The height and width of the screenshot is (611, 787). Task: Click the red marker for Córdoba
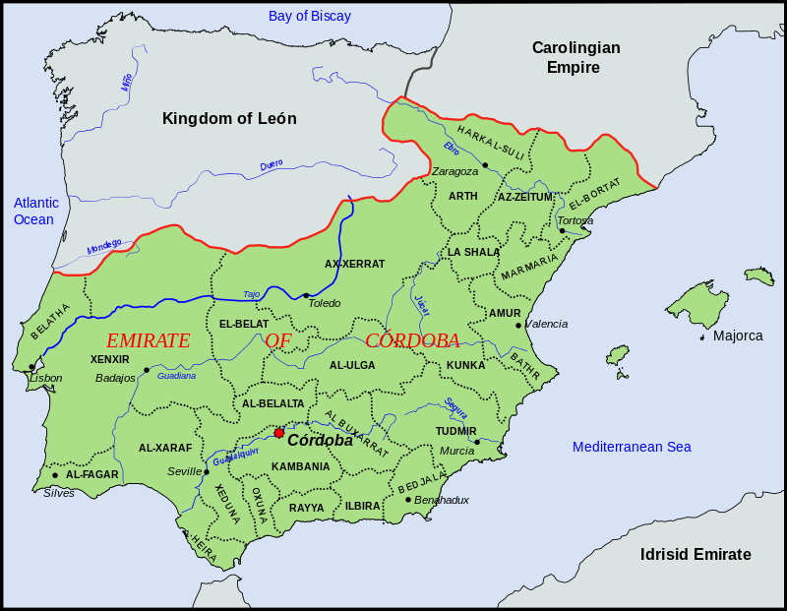(279, 433)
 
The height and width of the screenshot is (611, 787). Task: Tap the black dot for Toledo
(306, 295)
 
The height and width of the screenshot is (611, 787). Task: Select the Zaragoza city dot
(485, 165)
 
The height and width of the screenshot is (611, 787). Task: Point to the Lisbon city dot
(31, 367)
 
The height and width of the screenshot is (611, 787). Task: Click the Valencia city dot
(518, 325)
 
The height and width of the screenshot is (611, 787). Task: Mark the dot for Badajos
(147, 370)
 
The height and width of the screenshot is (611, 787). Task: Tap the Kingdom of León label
(229, 119)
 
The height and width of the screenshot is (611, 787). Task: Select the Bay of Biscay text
(311, 16)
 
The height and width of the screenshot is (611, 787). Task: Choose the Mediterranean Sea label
(633, 447)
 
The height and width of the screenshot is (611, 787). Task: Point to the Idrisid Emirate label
(695, 554)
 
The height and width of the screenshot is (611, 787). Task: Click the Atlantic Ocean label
(35, 211)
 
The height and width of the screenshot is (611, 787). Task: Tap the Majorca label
(738, 336)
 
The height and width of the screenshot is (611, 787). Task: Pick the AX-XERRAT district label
(354, 264)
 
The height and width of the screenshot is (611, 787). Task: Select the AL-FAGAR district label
(92, 474)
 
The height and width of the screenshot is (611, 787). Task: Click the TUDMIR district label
(455, 431)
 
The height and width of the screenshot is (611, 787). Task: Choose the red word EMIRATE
(148, 340)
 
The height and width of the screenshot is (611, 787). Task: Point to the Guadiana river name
(177, 376)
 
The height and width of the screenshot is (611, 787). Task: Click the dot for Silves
(55, 475)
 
